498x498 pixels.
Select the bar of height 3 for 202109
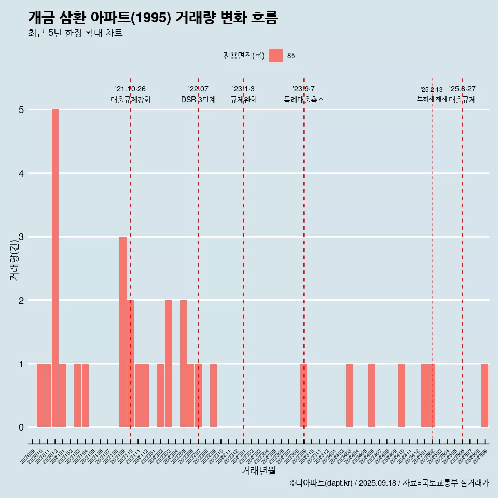pos(123,332)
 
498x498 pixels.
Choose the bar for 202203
pos(168,364)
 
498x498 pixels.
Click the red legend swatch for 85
pos(275,56)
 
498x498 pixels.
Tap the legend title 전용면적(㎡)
pos(244,56)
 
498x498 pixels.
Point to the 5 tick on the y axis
pos(22,110)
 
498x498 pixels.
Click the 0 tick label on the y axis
pos(22,427)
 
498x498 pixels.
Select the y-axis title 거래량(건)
pos(15,260)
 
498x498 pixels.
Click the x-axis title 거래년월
pos(258,471)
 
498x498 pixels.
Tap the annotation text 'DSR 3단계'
pos(198,100)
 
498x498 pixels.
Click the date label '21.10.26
pos(130,89)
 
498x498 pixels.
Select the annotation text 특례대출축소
pos(304,100)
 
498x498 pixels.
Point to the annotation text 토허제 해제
pos(432,98)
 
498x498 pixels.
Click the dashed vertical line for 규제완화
pos(243,259)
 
